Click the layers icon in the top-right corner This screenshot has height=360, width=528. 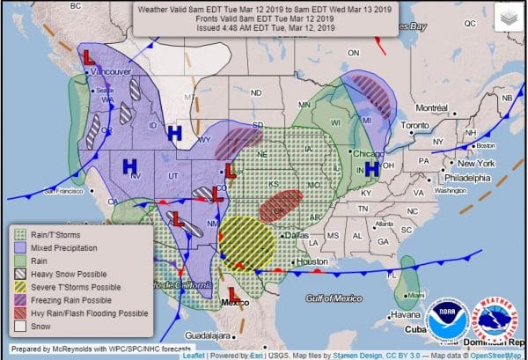click(508, 17)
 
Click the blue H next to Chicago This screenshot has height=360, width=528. click(371, 168)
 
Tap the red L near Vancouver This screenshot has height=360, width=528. click(89, 56)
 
